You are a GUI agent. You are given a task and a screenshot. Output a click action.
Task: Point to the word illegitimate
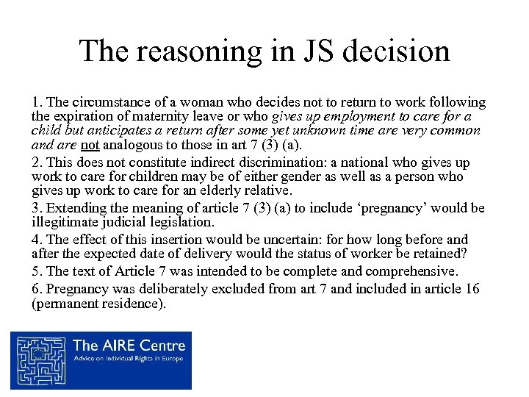[x=67, y=222]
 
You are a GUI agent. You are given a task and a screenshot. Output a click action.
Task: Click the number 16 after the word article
[x=474, y=289]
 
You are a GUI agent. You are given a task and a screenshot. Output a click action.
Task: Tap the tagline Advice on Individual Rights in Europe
[x=129, y=359]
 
